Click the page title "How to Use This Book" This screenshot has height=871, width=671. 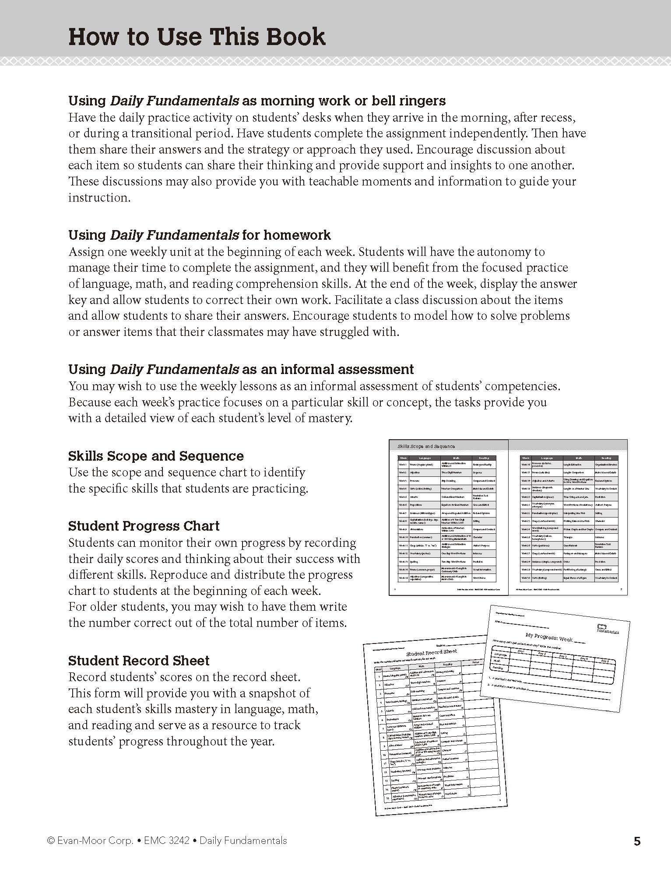(x=197, y=37)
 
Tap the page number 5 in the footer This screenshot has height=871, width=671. (x=637, y=841)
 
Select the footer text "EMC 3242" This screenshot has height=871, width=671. (x=167, y=840)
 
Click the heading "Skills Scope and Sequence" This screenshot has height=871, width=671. (x=156, y=456)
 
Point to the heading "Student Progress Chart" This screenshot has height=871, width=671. (x=144, y=526)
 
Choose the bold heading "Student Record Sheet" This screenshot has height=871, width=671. (x=139, y=660)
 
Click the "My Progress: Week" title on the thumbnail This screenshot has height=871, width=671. (x=549, y=637)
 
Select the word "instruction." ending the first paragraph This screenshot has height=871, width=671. (x=99, y=198)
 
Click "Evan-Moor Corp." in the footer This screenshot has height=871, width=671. (x=95, y=840)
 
